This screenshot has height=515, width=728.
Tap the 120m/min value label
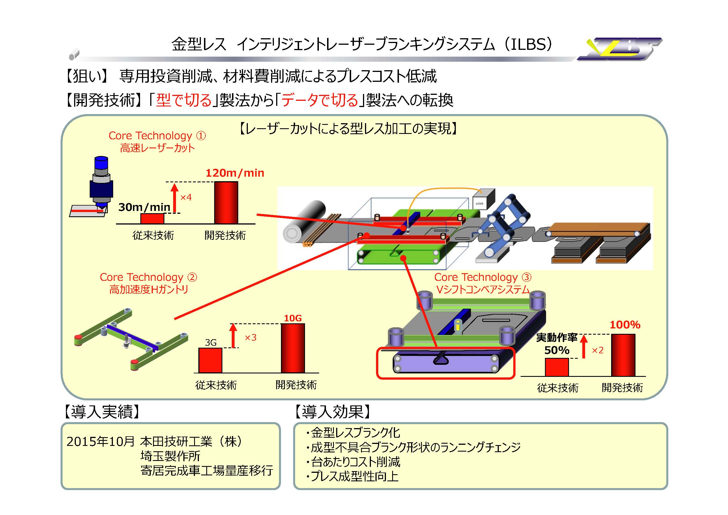235,173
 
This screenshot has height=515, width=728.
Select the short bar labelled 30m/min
152,219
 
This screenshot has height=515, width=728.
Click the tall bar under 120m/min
226,203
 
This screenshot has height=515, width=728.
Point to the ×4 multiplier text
186,198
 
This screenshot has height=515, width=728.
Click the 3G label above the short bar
211,343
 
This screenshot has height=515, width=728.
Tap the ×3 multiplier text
250,337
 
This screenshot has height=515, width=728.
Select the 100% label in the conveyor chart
625,325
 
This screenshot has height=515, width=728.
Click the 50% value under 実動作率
557,350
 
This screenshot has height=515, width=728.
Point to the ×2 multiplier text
598,350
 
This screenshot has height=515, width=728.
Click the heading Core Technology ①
157,136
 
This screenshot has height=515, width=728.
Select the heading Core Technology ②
148,277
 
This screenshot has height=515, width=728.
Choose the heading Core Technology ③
483,277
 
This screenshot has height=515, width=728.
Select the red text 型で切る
184,100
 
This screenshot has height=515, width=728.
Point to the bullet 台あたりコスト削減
355,462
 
